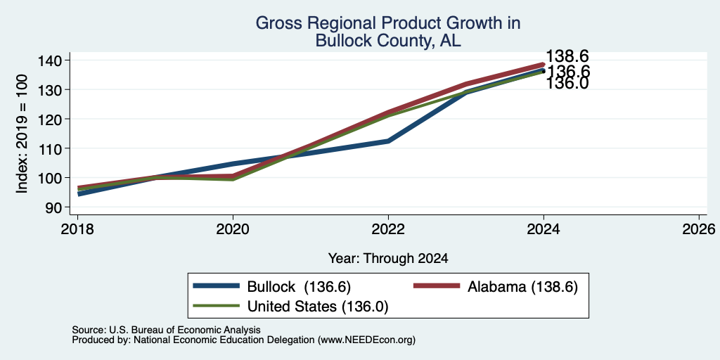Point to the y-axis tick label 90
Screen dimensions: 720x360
[61, 207]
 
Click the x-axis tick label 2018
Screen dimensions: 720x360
[77, 229]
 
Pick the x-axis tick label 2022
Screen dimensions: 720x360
[388, 229]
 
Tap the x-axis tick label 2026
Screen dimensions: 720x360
[700, 229]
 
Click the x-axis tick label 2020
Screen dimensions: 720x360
[233, 229]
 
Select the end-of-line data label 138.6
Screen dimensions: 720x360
[567, 56]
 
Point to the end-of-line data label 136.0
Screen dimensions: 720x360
[567, 84]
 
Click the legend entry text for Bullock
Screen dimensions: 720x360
[299, 287]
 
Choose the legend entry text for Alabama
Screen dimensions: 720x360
[522, 287]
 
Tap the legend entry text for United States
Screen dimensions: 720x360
[318, 307]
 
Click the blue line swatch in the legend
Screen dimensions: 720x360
[217, 286]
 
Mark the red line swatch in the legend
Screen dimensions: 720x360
[437, 286]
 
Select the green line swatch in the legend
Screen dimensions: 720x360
[217, 306]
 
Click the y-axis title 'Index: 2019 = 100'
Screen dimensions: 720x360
[22, 134]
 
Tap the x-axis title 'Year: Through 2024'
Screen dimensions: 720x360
[388, 259]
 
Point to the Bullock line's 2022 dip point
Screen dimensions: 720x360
[388, 141]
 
